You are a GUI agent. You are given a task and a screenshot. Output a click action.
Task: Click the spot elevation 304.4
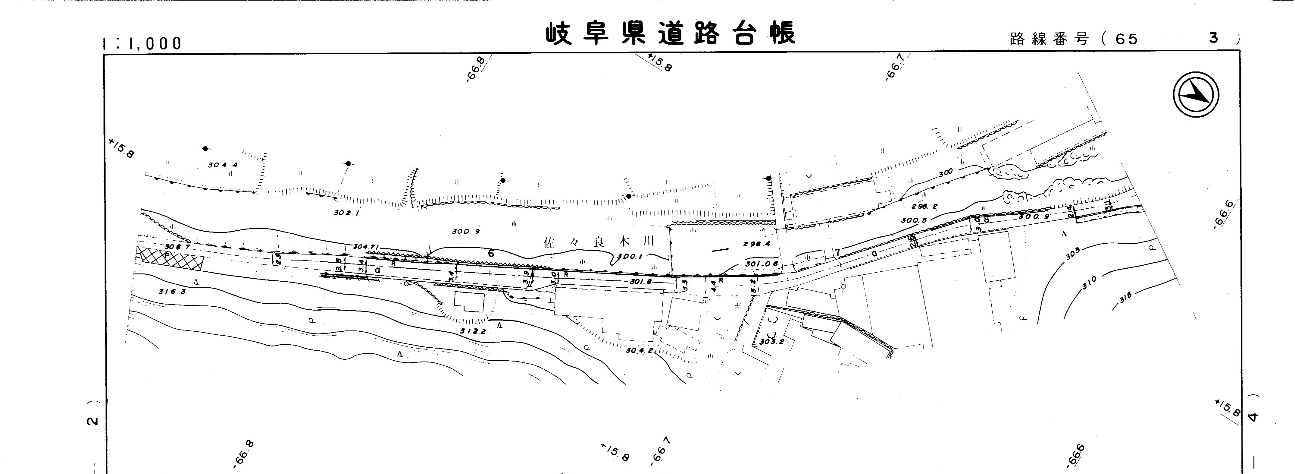point(222,165)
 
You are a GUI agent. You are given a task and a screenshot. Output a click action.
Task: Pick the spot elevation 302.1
point(347,213)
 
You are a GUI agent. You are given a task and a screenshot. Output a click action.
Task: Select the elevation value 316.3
point(172,291)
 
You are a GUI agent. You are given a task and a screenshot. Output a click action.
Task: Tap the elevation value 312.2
point(473,331)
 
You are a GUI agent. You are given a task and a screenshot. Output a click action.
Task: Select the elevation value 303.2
point(772,342)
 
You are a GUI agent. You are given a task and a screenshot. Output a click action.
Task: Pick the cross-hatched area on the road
point(171,259)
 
